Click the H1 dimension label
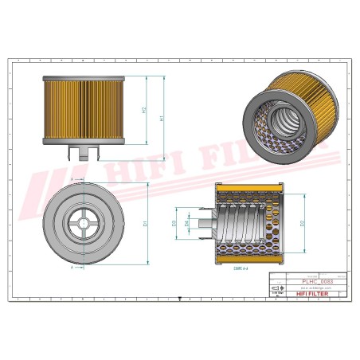click(162, 118)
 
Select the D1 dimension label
click(144, 225)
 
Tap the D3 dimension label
click(174, 225)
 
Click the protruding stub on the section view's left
click(204, 225)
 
